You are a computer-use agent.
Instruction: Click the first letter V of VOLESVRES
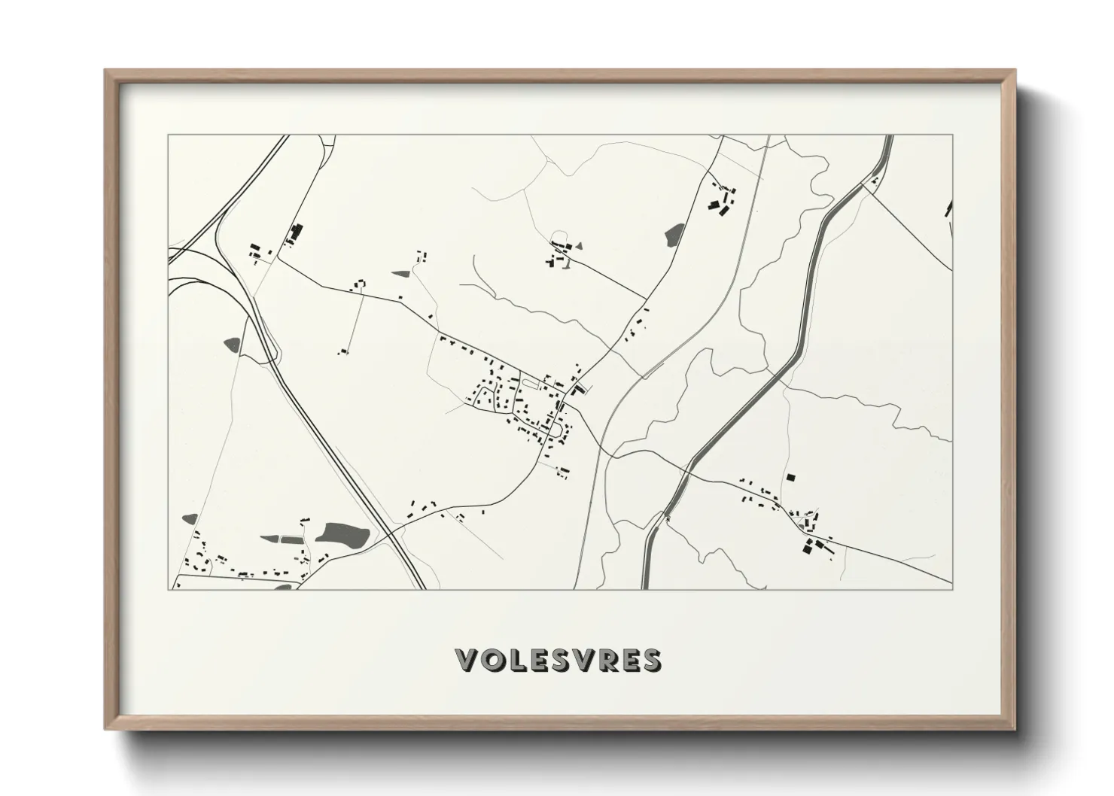[468, 660]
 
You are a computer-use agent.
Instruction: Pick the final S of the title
[650, 660]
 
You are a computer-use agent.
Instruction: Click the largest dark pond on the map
[342, 534]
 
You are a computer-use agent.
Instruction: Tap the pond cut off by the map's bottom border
[283, 586]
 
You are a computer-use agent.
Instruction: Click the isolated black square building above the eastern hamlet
[790, 477]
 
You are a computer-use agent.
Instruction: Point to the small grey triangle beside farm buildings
[579, 245]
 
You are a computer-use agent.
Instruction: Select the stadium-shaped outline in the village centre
[528, 384]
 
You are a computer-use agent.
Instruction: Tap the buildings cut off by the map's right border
[948, 208]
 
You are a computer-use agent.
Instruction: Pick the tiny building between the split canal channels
[874, 181]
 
